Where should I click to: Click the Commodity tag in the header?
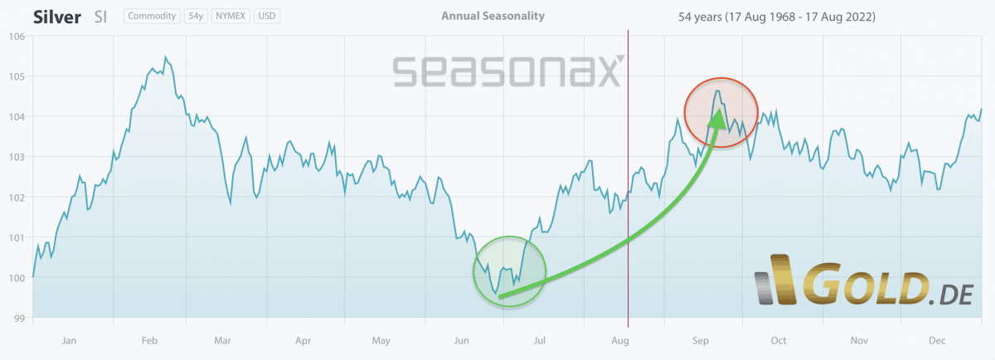click(x=153, y=16)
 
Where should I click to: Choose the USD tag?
click(x=267, y=16)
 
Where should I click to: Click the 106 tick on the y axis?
click(x=17, y=36)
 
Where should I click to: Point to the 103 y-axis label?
click(x=17, y=157)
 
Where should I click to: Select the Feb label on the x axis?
click(x=149, y=340)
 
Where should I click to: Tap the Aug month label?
click(x=619, y=340)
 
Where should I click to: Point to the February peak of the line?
click(x=166, y=57)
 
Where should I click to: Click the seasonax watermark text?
click(x=506, y=71)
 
